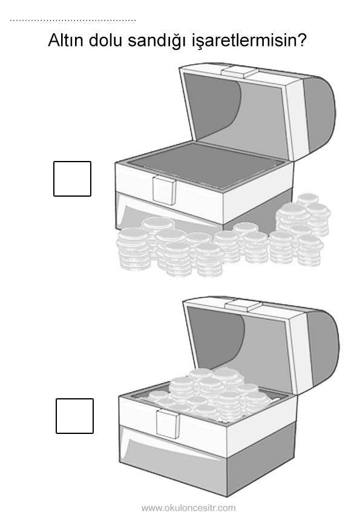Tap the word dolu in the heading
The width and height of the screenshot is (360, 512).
coord(105,40)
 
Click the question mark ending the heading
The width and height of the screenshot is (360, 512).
coord(301,40)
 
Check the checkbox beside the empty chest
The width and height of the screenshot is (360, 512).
coord(72,179)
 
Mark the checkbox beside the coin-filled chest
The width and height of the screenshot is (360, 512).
coord(75,416)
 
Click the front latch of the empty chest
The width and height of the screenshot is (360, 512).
coord(165,191)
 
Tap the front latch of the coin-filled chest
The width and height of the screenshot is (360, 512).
coord(168,424)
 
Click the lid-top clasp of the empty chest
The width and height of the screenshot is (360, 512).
coord(240,72)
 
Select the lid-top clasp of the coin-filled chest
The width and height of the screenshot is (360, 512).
coord(244,306)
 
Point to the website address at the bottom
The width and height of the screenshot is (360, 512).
coord(188,508)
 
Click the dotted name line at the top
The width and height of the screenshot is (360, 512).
coord(73,21)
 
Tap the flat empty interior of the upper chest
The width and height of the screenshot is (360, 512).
coord(206,166)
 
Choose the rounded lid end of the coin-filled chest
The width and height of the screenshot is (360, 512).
coord(324,349)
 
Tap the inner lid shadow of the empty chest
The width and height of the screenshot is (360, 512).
coord(212,101)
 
